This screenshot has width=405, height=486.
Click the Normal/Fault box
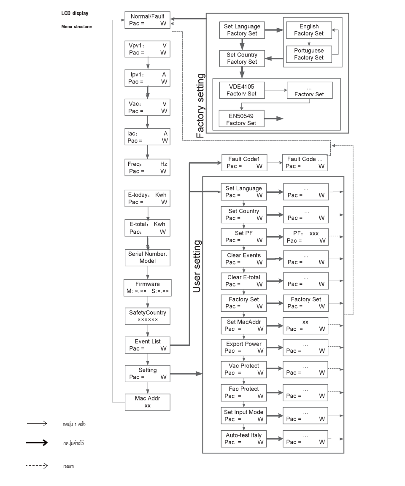[148, 20]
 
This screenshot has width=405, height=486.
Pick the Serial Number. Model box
[148, 257]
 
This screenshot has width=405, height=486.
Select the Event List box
[148, 345]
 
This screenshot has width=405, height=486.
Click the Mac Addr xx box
[148, 402]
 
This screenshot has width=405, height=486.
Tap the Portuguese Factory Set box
[309, 54]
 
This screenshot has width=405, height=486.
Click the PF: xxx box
[305, 237]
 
